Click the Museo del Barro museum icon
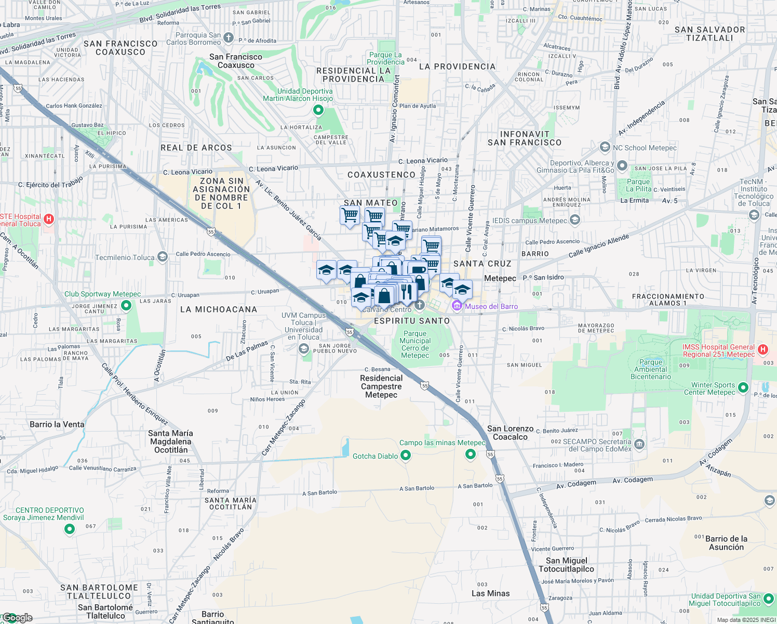[457, 306]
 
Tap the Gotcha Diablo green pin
[406, 456]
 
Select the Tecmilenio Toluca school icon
[163, 257]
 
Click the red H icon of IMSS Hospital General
[762, 350]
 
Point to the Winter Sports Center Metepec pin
[743, 387]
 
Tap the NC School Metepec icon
[605, 147]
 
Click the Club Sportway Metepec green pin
[126, 305]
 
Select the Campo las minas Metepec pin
[471, 454]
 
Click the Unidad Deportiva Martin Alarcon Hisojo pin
[318, 110]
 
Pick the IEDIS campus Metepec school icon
[574, 220]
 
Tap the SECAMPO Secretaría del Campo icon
[639, 444]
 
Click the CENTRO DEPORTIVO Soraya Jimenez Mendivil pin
[69, 529]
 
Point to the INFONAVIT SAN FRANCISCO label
[525, 138]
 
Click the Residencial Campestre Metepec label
[381, 386]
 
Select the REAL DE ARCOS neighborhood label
[196, 148]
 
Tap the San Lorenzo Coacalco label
[510, 433]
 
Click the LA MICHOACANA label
[219, 309]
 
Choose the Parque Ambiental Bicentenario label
[651, 369]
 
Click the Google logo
[17, 618]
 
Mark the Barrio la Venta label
[57, 424]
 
